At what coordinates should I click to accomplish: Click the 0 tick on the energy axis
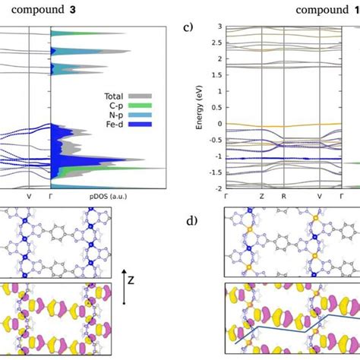(x=217, y=123)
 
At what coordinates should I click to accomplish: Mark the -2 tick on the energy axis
(x=216, y=187)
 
